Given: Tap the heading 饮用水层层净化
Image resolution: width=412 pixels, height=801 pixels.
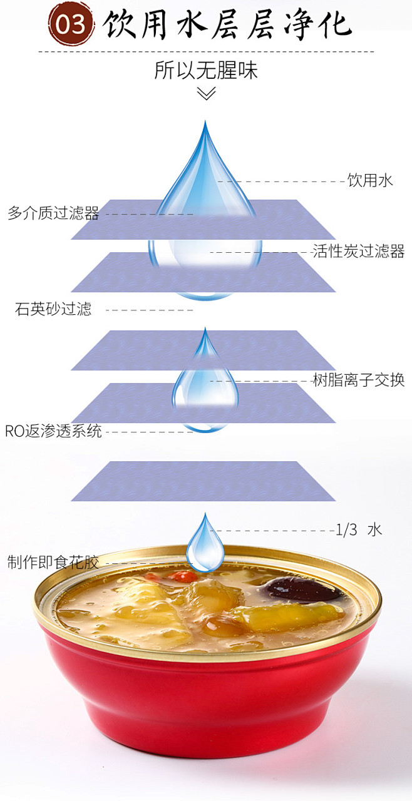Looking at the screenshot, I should tap(227, 25).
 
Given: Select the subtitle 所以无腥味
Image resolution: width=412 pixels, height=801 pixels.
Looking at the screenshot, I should tap(206, 70).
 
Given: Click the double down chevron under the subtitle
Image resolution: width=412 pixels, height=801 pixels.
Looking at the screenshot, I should tap(206, 94).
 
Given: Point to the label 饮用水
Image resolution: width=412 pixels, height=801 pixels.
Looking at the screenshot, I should tap(370, 181).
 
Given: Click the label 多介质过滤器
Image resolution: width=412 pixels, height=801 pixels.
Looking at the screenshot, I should tap(53, 214).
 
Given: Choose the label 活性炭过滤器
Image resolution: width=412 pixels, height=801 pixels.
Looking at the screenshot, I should tap(358, 252).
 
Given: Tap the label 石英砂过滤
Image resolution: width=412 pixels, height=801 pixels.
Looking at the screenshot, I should tap(53, 309).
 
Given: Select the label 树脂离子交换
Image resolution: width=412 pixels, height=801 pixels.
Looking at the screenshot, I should tap(358, 380).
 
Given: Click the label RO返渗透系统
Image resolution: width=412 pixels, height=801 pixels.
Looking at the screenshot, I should tap(53, 431).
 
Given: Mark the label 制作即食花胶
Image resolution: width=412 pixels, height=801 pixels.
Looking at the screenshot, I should tap(53, 562).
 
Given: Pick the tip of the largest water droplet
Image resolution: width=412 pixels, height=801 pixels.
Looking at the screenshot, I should tap(205, 125).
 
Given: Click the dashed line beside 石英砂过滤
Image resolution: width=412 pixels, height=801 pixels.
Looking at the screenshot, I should tap(153, 310).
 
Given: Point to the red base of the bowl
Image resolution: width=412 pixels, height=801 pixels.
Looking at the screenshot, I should tap(205, 707).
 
